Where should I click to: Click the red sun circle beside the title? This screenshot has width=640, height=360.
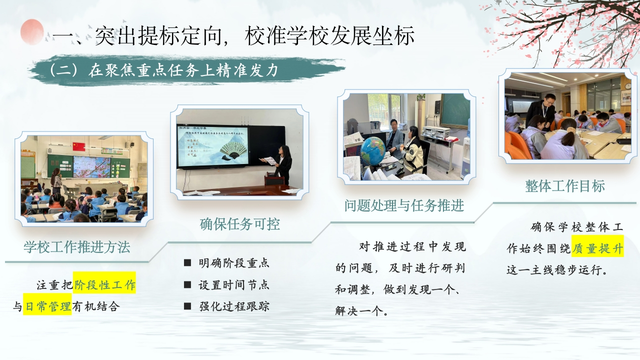[32, 32]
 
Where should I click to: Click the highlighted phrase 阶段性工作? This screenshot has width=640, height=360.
[105, 285]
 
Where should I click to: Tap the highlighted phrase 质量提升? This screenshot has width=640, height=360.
[597, 248]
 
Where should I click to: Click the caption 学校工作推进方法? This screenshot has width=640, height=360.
[77, 247]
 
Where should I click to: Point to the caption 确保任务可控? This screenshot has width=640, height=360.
[239, 224]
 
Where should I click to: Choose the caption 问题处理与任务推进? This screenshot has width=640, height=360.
[404, 205]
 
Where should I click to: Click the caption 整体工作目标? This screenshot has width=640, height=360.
[565, 186]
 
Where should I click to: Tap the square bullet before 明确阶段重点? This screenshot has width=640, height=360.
[187, 262]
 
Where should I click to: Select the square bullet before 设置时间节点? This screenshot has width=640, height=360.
[187, 284]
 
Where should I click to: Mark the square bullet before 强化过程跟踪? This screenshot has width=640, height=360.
[187, 306]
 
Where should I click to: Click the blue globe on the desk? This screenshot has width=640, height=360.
[373, 151]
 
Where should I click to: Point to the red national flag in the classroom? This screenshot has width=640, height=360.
[79, 146]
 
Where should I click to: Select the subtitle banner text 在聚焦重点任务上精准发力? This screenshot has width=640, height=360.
[183, 70]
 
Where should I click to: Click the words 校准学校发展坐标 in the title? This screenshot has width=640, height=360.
[329, 36]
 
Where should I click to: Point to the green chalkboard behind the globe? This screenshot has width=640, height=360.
[455, 110]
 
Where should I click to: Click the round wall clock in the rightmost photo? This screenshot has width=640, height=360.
[627, 85]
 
